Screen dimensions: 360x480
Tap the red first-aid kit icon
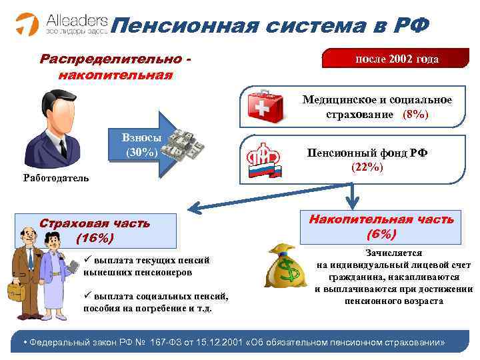pos(265,106)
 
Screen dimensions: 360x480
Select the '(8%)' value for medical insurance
pos(415,115)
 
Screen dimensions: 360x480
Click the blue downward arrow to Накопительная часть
pos(359,197)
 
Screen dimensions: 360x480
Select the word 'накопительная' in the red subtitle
pos(115,74)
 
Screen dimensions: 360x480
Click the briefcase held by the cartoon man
pos(15,291)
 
